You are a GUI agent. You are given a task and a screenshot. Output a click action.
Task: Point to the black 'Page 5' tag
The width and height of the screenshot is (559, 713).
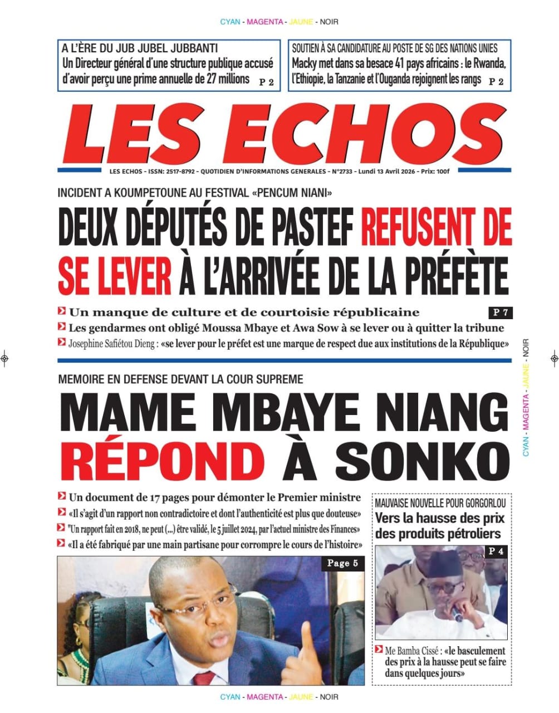click(x=342, y=563)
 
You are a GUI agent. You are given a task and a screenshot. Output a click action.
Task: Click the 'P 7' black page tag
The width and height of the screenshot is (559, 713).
click(x=499, y=312)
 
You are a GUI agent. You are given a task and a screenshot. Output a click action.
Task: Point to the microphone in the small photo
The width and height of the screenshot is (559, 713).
click(x=458, y=616)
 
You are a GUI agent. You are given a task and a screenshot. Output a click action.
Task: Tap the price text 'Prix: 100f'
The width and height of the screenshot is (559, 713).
click(x=435, y=172)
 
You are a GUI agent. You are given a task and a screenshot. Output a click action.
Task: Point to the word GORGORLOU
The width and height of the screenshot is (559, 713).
click(x=479, y=504)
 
